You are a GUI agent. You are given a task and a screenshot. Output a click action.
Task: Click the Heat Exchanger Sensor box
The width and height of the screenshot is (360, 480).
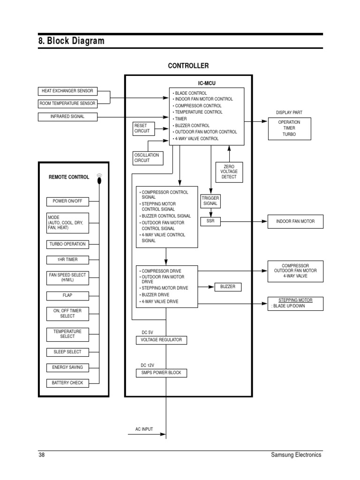68,91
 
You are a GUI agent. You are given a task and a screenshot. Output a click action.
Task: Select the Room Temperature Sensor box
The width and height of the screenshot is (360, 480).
68,104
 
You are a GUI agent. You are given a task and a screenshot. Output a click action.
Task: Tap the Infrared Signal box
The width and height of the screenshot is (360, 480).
68,116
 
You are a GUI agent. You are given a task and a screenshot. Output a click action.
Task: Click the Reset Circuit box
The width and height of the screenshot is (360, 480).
143,128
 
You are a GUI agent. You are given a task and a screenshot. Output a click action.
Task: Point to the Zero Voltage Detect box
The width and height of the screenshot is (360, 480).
229,172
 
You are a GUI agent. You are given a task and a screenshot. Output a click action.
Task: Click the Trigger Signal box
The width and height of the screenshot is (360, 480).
210,201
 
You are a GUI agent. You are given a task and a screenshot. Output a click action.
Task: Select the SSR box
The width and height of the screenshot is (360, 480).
210,221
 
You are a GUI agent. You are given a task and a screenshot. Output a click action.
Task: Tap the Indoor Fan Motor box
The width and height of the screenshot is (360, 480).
295,221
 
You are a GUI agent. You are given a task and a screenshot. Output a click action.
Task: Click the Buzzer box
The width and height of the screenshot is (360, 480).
228,286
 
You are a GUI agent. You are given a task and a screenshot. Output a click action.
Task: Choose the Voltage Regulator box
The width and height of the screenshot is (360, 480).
161,340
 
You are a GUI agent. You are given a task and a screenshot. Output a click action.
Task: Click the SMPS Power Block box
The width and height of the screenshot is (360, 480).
161,373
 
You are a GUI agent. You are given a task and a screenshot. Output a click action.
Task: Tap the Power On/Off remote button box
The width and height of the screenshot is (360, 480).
67,202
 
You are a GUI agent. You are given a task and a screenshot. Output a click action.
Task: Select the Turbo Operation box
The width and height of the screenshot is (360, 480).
68,244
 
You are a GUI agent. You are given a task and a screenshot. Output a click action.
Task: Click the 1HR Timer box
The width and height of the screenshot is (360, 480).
67,260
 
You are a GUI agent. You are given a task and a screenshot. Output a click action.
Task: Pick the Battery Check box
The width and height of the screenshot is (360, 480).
67,383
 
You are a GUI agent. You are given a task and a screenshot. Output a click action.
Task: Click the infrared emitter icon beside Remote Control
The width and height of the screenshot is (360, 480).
99,178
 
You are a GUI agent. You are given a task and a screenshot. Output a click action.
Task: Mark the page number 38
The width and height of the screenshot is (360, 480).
41,455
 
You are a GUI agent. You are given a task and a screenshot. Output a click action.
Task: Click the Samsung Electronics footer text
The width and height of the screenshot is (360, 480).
296,455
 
